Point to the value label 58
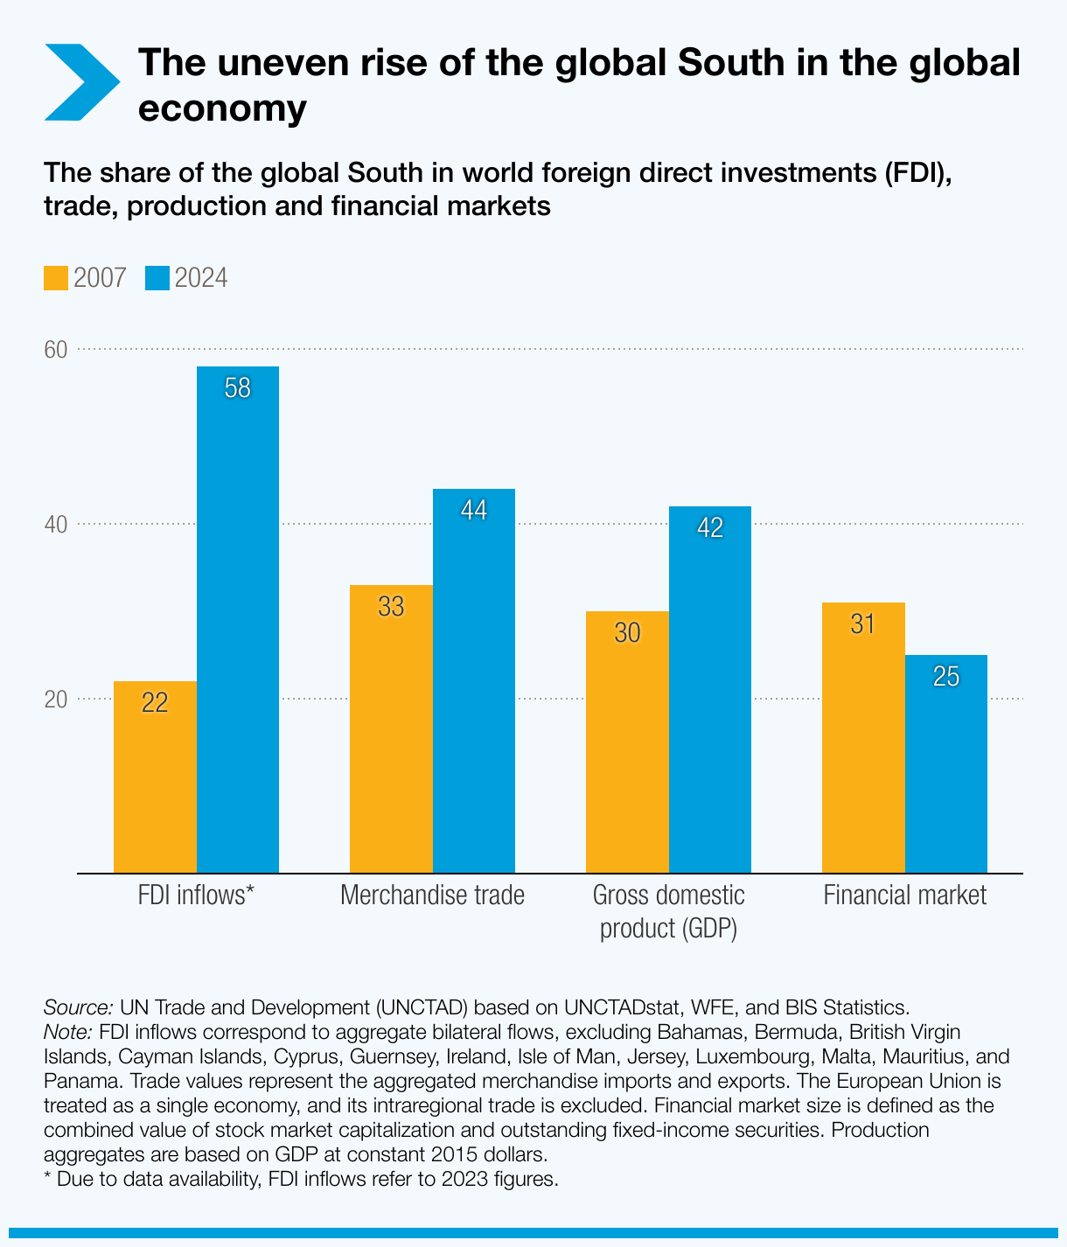coord(238,388)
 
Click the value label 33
coord(391,607)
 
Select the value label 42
coord(710,528)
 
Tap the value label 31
coord(863,624)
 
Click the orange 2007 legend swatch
coord(56,278)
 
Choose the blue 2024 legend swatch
coord(157,278)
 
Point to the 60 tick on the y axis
coord(56,350)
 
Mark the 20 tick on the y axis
coord(56,700)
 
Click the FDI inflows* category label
coord(196,895)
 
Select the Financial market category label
coord(904,895)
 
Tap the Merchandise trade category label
coord(432,895)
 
